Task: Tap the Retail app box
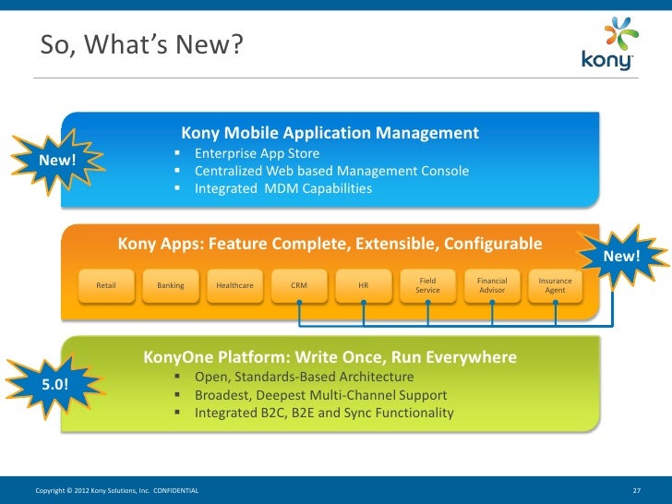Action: [106, 285]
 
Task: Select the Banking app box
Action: [171, 285]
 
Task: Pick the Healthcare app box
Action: [234, 285]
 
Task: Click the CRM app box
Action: [299, 285]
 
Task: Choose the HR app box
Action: [364, 285]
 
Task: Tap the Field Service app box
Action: [427, 285]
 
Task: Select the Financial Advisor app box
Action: [492, 285]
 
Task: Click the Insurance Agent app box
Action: [555, 285]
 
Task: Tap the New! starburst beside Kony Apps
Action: [620, 255]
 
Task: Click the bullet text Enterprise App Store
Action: [257, 153]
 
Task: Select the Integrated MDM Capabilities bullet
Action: [282, 188]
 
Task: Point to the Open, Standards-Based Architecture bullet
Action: [304, 378]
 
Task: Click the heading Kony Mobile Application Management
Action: [330, 133]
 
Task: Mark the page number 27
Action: [636, 488]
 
